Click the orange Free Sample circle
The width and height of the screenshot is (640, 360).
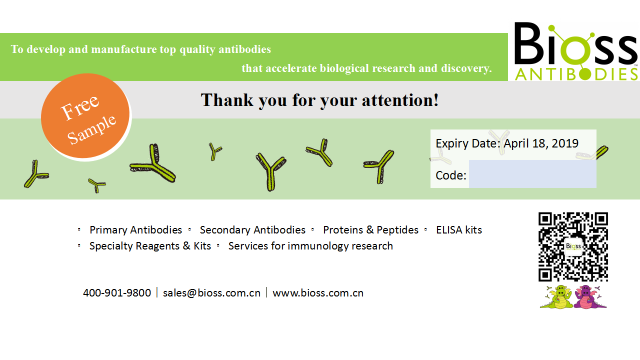85,115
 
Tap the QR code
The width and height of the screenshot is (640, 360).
573,247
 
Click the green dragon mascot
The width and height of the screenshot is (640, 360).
557,297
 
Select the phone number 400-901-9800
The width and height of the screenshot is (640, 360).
117,293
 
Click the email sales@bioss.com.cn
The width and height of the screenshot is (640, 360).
211,293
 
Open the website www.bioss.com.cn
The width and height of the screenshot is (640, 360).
318,293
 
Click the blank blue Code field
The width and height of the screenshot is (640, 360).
532,174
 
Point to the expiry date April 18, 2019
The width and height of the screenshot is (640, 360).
541,143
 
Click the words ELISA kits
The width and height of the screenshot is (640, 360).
459,230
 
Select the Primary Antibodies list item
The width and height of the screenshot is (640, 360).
135,230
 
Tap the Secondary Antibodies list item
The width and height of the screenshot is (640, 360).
252,230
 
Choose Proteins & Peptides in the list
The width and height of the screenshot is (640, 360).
370,230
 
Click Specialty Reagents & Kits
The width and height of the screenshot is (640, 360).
150,246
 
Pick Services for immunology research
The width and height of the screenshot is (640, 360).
310,246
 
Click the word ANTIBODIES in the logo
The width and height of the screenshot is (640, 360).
576,74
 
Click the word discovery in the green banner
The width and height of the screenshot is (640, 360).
466,68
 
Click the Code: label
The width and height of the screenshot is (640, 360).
451,175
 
